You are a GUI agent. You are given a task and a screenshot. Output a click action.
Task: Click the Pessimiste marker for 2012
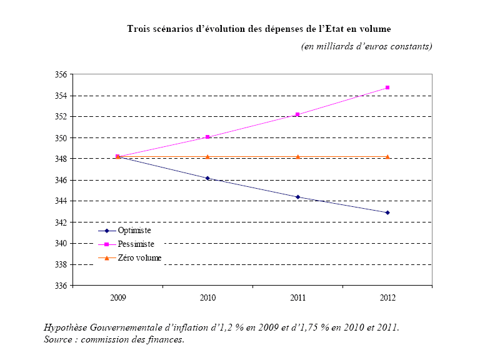point(387,87)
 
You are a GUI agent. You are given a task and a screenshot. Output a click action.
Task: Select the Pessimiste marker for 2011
point(297,114)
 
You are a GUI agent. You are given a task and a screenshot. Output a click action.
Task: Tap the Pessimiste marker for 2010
point(207,137)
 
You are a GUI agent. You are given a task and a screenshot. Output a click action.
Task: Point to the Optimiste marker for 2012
point(387,212)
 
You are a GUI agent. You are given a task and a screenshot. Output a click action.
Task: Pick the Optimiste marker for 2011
point(297,197)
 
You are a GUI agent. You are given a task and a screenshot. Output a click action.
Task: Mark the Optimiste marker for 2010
point(207,178)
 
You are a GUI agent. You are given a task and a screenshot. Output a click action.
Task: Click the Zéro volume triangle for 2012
point(387,156)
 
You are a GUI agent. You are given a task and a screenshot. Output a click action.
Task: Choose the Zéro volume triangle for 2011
point(297,156)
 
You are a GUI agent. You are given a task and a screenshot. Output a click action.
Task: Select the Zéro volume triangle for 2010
point(207,156)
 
